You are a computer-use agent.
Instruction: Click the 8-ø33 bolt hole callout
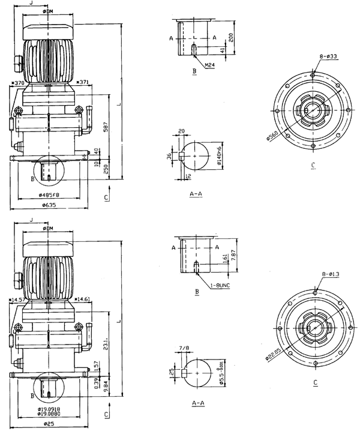point(327,56)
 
